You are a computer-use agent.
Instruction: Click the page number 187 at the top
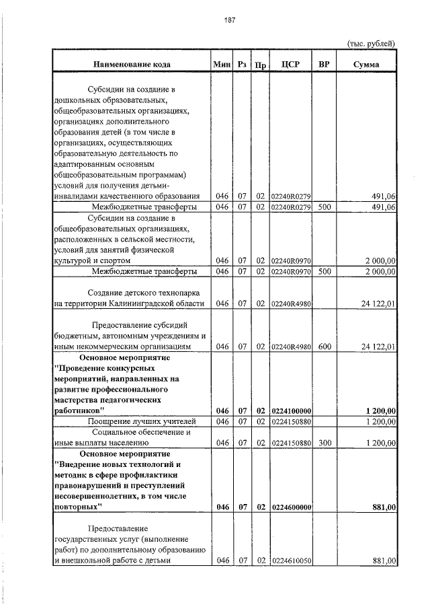pos(228,20)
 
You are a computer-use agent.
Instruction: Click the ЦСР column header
pos(290,65)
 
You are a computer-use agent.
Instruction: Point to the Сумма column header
pos(366,65)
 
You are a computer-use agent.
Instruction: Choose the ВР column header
pos(325,65)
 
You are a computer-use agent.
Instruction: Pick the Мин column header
pos(222,65)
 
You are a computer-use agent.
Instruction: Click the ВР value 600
pos(325,346)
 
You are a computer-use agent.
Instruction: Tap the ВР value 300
pos(325,443)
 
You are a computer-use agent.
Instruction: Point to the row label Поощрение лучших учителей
pos(136,421)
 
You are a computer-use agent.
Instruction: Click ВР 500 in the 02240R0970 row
pos(325,271)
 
